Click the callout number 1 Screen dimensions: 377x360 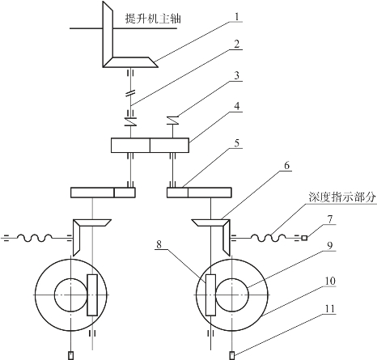pos(237,17)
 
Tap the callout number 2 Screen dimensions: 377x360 pos(237,44)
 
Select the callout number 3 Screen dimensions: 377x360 pos(237,75)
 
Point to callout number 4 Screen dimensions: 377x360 pos(237,106)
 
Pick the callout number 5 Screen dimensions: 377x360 pos(237,142)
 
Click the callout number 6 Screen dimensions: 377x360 pos(287,165)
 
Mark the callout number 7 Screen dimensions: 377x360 pos(330,219)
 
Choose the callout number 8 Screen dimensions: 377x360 pos(159,244)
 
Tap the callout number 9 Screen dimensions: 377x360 pos(330,245)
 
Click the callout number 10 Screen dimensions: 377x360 pos(329,281)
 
